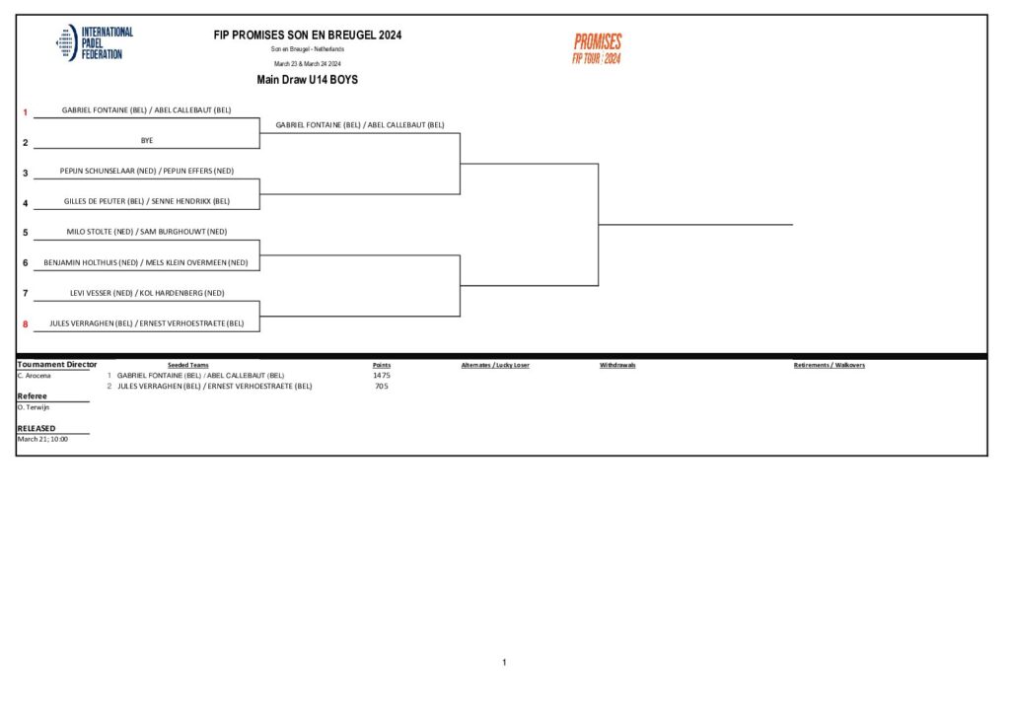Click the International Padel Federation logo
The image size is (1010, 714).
point(94,43)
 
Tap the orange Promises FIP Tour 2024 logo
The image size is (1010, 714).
point(598,47)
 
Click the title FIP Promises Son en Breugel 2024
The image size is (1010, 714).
point(308,35)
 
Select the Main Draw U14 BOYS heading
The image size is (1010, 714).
point(307,80)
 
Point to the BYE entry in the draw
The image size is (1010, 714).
point(147,140)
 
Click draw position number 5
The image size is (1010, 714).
point(26,234)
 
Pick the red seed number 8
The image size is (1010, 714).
point(26,323)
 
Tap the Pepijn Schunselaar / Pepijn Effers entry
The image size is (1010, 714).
point(147,171)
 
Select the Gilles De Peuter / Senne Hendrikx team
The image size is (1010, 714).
point(147,201)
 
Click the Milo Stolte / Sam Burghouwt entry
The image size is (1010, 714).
point(147,232)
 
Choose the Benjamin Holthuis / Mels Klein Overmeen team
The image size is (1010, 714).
point(147,262)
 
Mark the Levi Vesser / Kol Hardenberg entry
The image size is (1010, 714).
point(147,293)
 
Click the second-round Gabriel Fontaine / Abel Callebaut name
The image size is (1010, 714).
point(360,125)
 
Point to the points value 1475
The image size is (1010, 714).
point(382,376)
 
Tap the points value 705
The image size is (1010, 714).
point(382,387)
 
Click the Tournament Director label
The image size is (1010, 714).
point(57,365)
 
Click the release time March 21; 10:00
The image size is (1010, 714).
point(42,439)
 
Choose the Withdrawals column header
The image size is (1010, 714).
point(617,365)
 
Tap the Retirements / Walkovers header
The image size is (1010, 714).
point(830,365)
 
